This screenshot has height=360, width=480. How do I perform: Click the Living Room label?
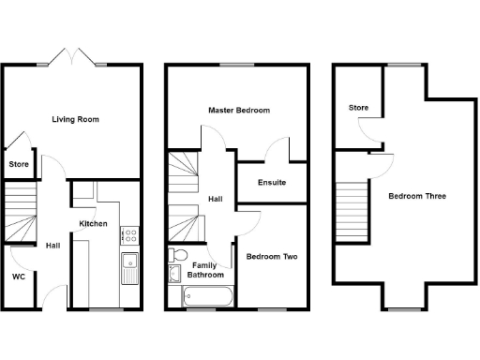[x=76, y=120]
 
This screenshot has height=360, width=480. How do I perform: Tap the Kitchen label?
[x=93, y=224]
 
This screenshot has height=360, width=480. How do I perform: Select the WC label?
[x=19, y=277]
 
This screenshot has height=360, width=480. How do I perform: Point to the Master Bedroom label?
[x=238, y=111]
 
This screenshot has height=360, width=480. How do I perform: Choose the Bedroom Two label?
[x=271, y=255]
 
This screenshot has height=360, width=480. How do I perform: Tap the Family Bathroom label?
[x=205, y=271]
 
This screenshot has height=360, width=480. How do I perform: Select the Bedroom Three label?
[x=417, y=197]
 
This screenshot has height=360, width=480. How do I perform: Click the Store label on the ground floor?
[x=19, y=165]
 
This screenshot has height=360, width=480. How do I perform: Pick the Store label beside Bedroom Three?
[x=359, y=108]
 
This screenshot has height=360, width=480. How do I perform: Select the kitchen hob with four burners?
[x=129, y=236]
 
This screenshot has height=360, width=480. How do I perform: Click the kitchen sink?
[x=129, y=265]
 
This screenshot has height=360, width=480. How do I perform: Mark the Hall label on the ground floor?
[x=52, y=247]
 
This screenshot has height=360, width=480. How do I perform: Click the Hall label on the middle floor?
[x=215, y=199]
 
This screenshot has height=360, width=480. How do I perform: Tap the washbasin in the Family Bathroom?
[x=173, y=274]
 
